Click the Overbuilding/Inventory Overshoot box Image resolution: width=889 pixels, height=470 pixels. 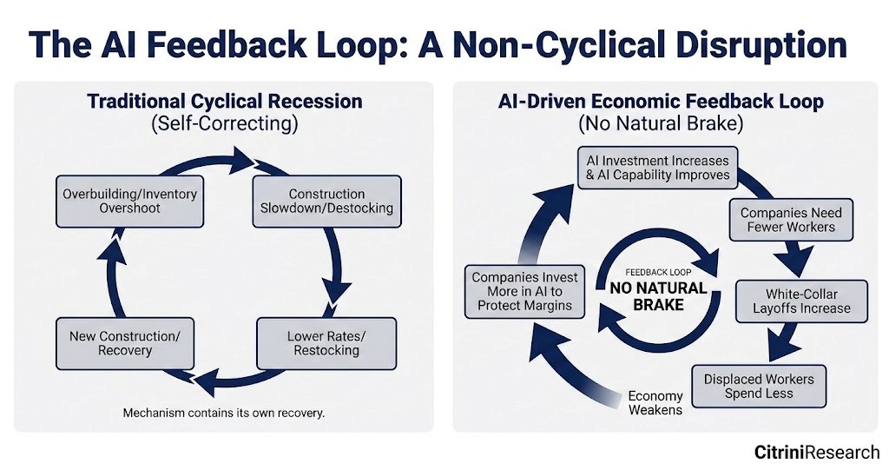pos(129,202)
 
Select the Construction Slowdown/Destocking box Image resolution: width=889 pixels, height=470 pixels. pos(326,202)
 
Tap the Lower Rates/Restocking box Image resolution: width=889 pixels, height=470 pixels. pos(326,343)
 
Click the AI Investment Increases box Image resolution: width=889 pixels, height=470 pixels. pos(658,168)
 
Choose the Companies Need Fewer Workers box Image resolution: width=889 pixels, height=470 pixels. pos(791,220)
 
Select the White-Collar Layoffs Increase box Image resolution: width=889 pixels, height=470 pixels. pos(801,301)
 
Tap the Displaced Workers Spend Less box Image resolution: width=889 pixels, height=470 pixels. pos(759,387)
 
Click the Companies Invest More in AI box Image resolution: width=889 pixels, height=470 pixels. pos(524,291)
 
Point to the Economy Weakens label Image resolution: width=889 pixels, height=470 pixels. pos(655,402)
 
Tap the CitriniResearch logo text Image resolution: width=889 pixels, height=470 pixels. pos(817,452)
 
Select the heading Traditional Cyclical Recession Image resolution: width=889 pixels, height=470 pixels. pos(224,101)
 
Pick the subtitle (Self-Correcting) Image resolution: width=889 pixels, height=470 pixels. pos(224,123)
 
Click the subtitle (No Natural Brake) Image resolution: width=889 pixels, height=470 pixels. pos(661,123)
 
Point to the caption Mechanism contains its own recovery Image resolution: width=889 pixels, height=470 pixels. pos(224,413)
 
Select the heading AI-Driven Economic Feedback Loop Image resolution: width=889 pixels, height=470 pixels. pos(661,101)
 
